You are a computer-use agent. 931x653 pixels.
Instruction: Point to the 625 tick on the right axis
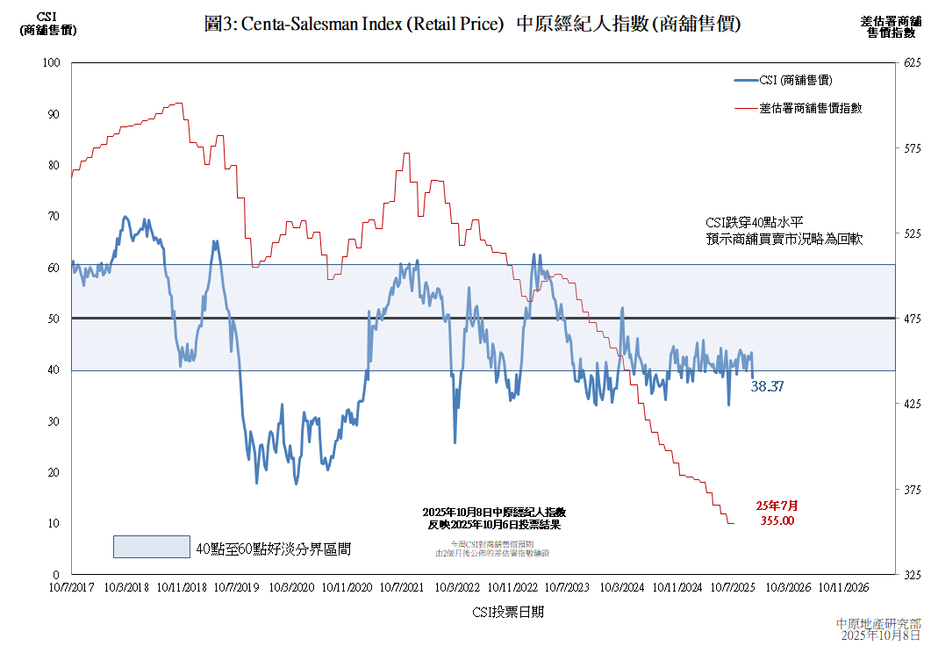(913, 63)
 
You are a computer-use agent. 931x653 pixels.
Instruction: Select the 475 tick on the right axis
(913, 319)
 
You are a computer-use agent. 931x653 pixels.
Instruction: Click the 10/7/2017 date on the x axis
(70, 587)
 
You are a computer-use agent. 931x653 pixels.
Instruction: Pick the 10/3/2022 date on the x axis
(457, 587)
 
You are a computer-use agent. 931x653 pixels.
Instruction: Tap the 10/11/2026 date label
(844, 587)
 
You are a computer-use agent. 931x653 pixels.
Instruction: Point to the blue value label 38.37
(767, 385)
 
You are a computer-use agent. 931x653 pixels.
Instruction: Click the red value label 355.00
(777, 520)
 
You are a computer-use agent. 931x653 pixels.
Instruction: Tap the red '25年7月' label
(777, 506)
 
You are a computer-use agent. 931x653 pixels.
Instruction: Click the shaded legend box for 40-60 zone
(151, 547)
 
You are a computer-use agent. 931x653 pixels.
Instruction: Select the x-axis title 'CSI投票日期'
(507, 612)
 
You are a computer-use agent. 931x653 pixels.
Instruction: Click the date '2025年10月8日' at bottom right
(881, 635)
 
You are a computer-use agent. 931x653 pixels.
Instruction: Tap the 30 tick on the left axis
(53, 421)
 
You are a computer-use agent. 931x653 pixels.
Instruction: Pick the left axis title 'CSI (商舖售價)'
(47, 24)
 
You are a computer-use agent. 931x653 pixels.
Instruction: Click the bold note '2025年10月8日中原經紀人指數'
(494, 512)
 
